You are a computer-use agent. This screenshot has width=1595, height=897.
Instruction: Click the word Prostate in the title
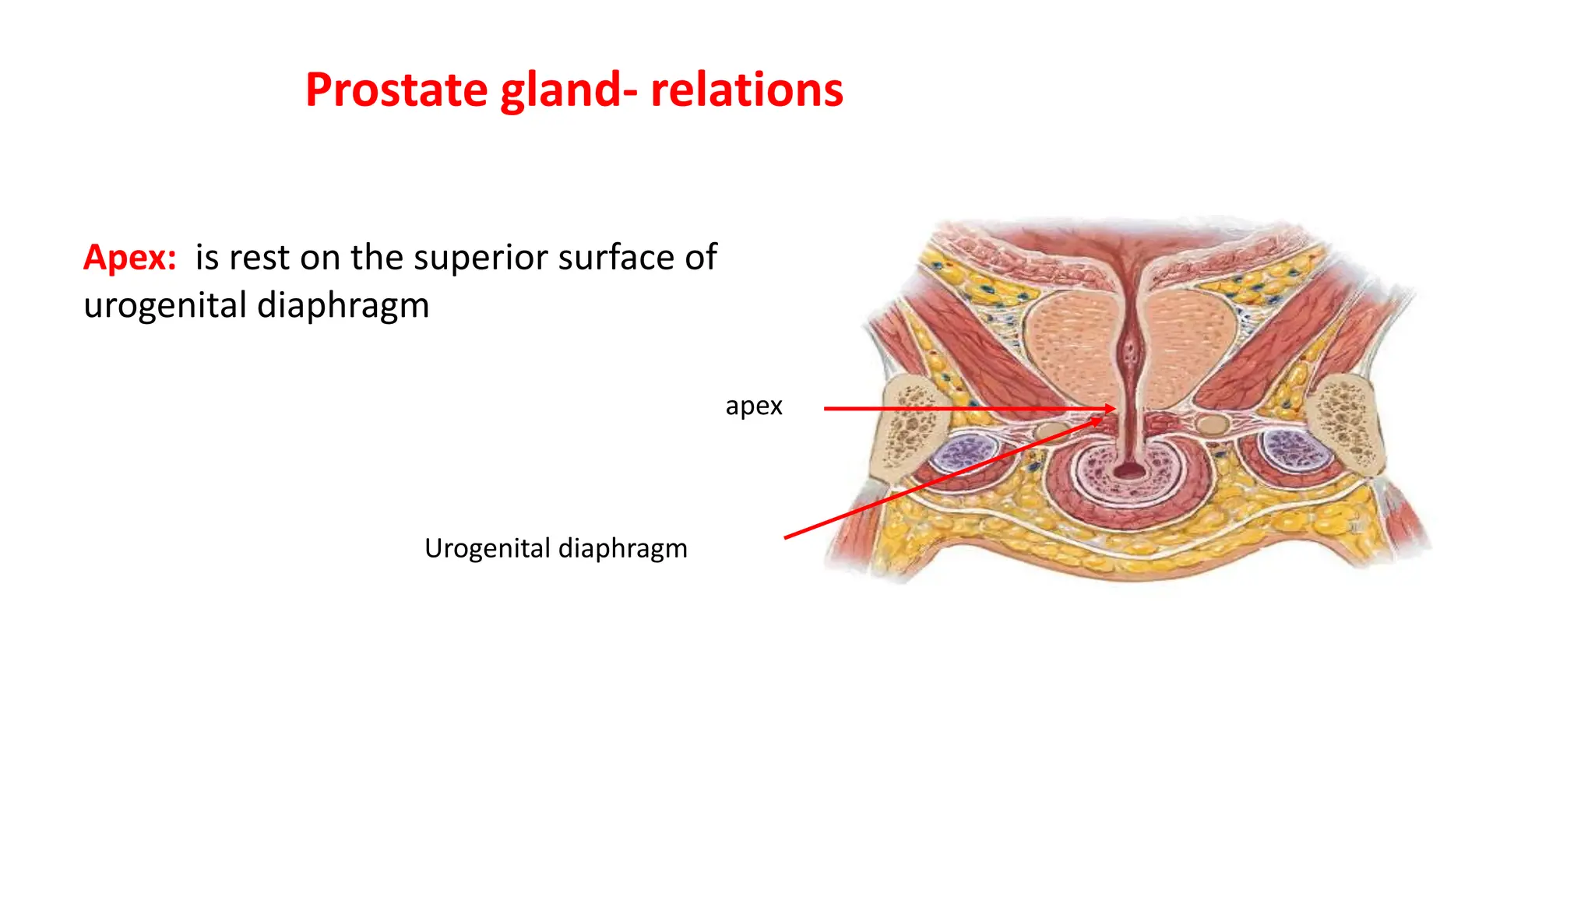396,90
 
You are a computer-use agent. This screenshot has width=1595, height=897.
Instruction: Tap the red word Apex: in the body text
130,258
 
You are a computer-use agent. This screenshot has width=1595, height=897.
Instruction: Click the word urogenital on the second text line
164,305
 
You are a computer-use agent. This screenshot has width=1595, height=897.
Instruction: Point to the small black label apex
753,406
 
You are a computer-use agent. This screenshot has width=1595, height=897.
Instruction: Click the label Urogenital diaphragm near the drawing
555,548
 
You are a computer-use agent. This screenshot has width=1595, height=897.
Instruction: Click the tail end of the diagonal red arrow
787,537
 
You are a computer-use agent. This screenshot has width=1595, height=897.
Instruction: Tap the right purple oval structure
1292,452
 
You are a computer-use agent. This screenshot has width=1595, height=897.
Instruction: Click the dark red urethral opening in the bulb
1128,471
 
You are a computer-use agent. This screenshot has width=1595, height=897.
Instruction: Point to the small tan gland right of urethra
1211,424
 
